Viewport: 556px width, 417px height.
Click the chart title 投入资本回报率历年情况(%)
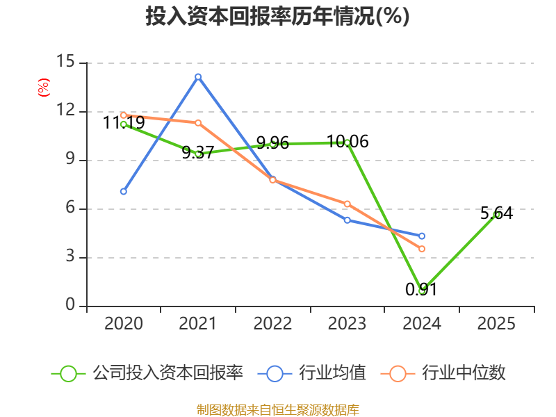pos(277,17)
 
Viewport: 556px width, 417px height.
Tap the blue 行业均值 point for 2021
pos(198,76)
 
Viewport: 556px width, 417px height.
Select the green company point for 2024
pos(422,291)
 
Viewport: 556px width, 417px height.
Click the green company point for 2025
pos(496,215)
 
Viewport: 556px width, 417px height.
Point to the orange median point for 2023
pos(347,204)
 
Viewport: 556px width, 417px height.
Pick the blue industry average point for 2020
pos(124,191)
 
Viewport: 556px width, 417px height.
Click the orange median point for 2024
pos(422,249)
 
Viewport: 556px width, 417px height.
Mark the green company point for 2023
pos(347,142)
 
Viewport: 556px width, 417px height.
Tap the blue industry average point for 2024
pos(422,236)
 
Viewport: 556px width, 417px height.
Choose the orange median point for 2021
pos(198,123)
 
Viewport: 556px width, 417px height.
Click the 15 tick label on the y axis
pos(65,62)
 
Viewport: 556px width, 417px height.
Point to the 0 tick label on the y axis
pos(70,305)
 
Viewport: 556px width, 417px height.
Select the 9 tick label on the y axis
pos(70,159)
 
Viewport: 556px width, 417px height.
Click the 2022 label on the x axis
pos(272,324)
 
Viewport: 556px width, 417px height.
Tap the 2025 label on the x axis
pos(496,324)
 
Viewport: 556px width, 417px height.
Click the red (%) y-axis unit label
pos(43,88)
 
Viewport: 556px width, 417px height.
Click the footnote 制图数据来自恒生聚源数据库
pos(277,410)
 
